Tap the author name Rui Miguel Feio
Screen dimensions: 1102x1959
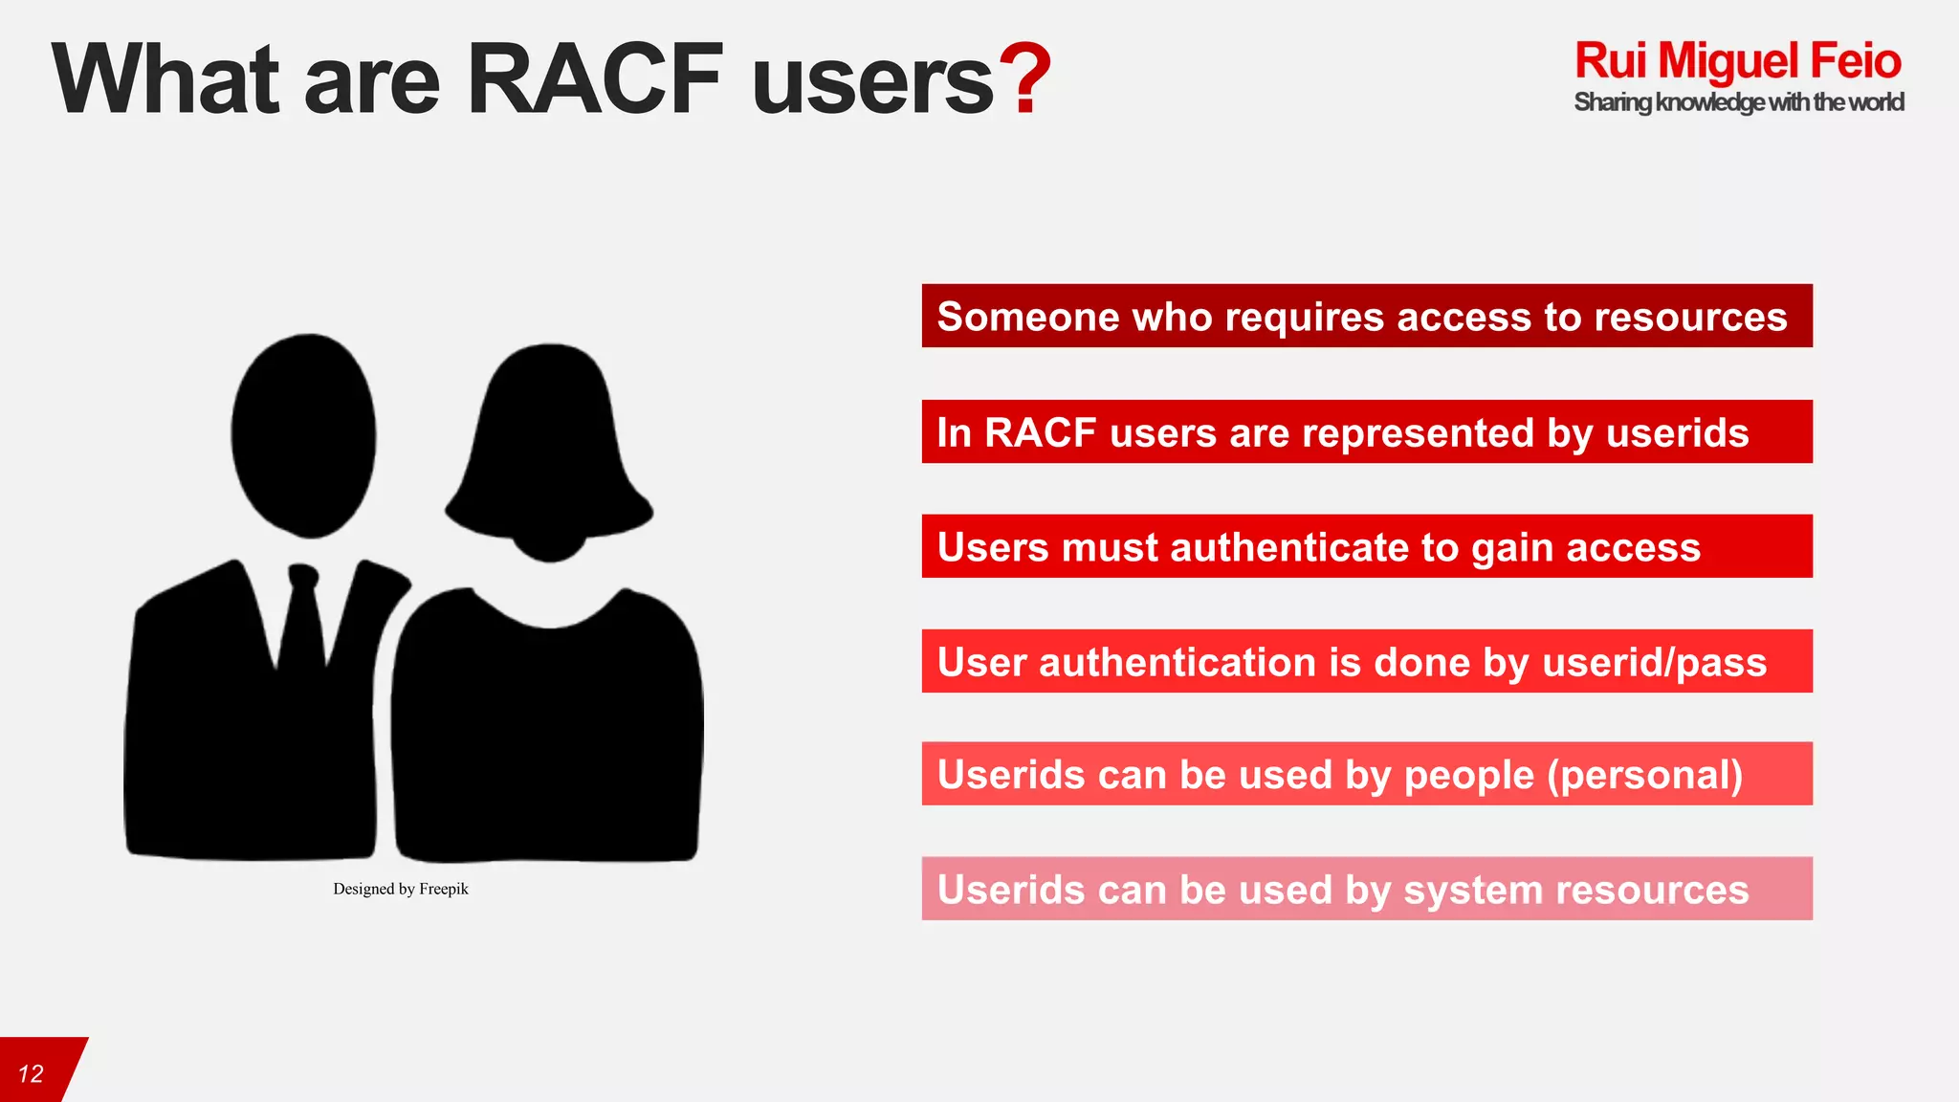(1737, 61)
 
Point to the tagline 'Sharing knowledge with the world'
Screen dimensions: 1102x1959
(1738, 102)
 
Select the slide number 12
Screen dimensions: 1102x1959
(31, 1073)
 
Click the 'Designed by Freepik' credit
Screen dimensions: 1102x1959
(401, 889)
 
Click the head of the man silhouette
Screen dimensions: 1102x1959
(303, 435)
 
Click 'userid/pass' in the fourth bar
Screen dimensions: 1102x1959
(1655, 662)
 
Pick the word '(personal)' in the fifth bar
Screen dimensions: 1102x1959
(1645, 775)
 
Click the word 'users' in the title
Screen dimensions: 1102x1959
(872, 81)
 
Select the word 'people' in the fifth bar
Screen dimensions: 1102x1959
(1469, 775)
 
